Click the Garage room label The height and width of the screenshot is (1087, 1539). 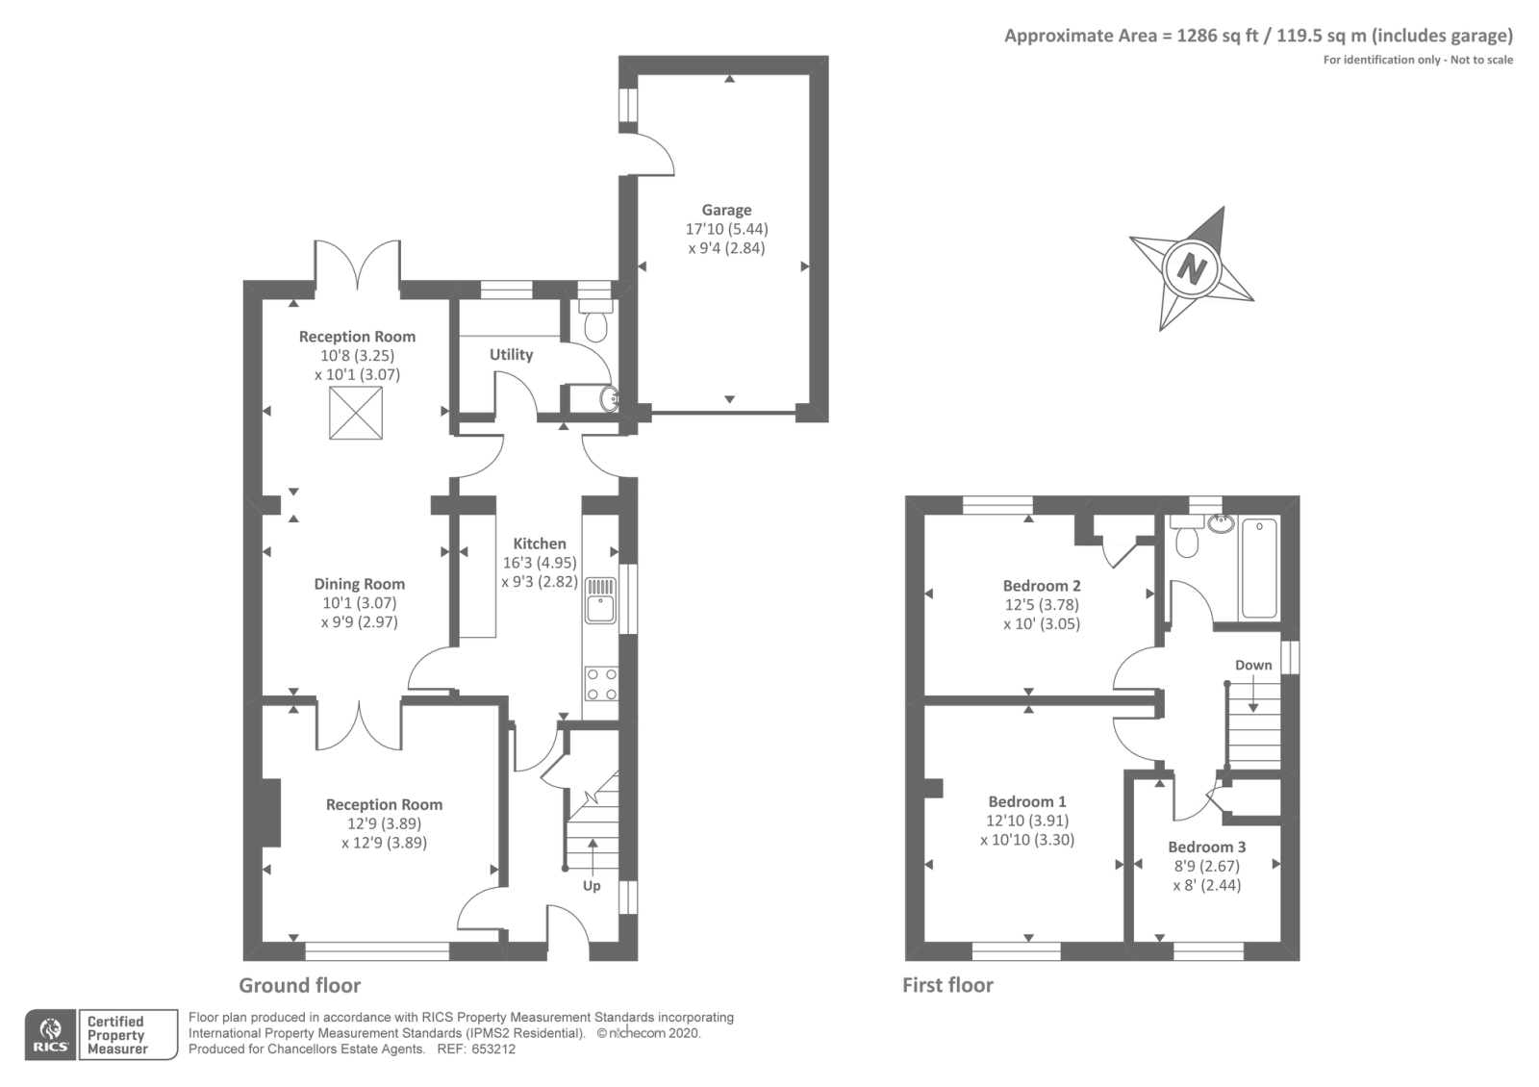tap(726, 211)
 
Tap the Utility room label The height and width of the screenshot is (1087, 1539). tap(511, 355)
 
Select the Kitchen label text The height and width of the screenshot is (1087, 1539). tap(540, 543)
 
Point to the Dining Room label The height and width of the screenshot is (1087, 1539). tap(360, 584)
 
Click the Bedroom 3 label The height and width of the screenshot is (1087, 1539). tap(1207, 847)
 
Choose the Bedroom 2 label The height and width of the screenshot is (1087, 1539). tap(1042, 586)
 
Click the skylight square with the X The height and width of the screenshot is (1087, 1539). tap(356, 413)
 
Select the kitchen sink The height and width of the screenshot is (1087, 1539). tap(600, 600)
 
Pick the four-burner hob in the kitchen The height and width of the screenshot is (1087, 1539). tap(601, 684)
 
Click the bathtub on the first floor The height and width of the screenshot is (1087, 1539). tap(1259, 569)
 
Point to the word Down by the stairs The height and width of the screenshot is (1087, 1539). tap(1254, 665)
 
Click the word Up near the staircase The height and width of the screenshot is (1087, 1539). tap(592, 886)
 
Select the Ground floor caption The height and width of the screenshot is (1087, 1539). tap(299, 985)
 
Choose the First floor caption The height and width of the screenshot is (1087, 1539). tap(947, 985)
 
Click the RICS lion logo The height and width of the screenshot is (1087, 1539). tap(51, 1035)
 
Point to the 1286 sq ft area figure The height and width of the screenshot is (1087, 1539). tap(1218, 35)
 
